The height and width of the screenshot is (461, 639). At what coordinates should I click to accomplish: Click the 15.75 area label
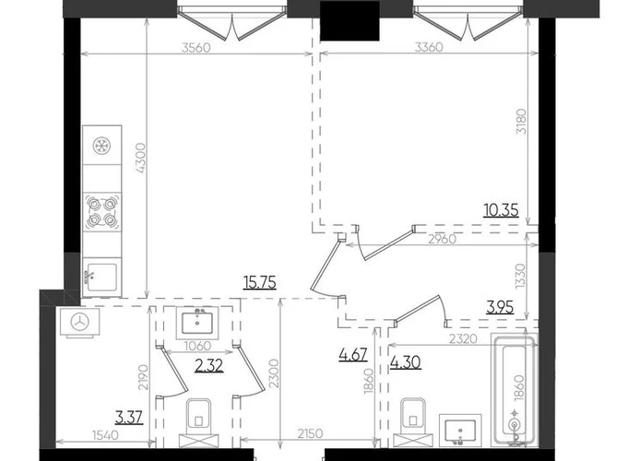pos(260,282)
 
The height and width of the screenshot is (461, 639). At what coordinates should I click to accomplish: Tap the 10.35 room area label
pos(501,210)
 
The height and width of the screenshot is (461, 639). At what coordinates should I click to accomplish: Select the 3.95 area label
pos(500,307)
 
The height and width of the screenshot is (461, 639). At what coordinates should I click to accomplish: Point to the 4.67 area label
pos(353,354)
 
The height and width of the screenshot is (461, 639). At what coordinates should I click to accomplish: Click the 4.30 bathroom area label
pos(406,362)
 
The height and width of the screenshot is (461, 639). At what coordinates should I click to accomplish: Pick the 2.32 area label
pos(209,366)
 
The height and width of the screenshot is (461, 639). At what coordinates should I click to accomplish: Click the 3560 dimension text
pos(196,48)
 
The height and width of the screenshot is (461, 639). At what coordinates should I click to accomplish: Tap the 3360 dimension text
pos(429,48)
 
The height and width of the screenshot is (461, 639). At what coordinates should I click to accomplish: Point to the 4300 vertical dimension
pos(140,159)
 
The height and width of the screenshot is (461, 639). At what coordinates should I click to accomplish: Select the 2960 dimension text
pos(443,239)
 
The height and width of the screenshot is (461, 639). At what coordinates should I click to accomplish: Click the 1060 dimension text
pos(197,346)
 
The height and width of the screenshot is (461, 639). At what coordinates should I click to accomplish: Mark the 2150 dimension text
pos(310,432)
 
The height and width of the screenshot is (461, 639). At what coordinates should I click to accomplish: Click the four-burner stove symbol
pos(101,211)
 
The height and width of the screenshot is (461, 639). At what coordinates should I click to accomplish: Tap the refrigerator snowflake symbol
pos(101,146)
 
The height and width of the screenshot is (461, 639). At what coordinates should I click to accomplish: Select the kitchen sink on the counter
pos(101,278)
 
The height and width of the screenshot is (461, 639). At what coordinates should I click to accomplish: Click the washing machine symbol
pos(80,323)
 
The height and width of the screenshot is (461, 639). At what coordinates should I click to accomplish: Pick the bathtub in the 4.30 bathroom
pos(515,391)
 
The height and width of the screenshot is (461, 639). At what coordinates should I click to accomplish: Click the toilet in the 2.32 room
pos(199,422)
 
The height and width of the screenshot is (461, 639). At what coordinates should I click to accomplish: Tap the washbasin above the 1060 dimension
pos(197,323)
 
